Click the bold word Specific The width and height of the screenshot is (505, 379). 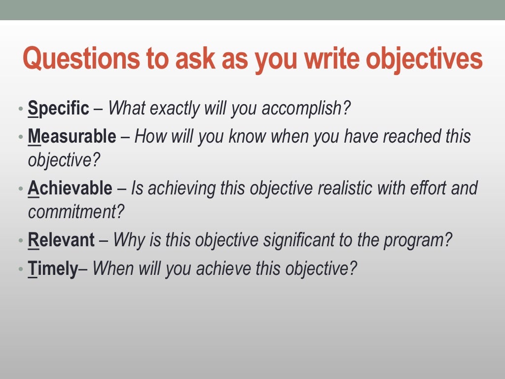tap(59, 108)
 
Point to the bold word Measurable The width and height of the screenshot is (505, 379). tap(72, 136)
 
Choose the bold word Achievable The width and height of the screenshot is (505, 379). tap(70, 188)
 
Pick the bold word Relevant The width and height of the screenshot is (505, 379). tap(61, 240)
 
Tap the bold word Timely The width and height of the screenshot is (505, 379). tap(53, 269)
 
